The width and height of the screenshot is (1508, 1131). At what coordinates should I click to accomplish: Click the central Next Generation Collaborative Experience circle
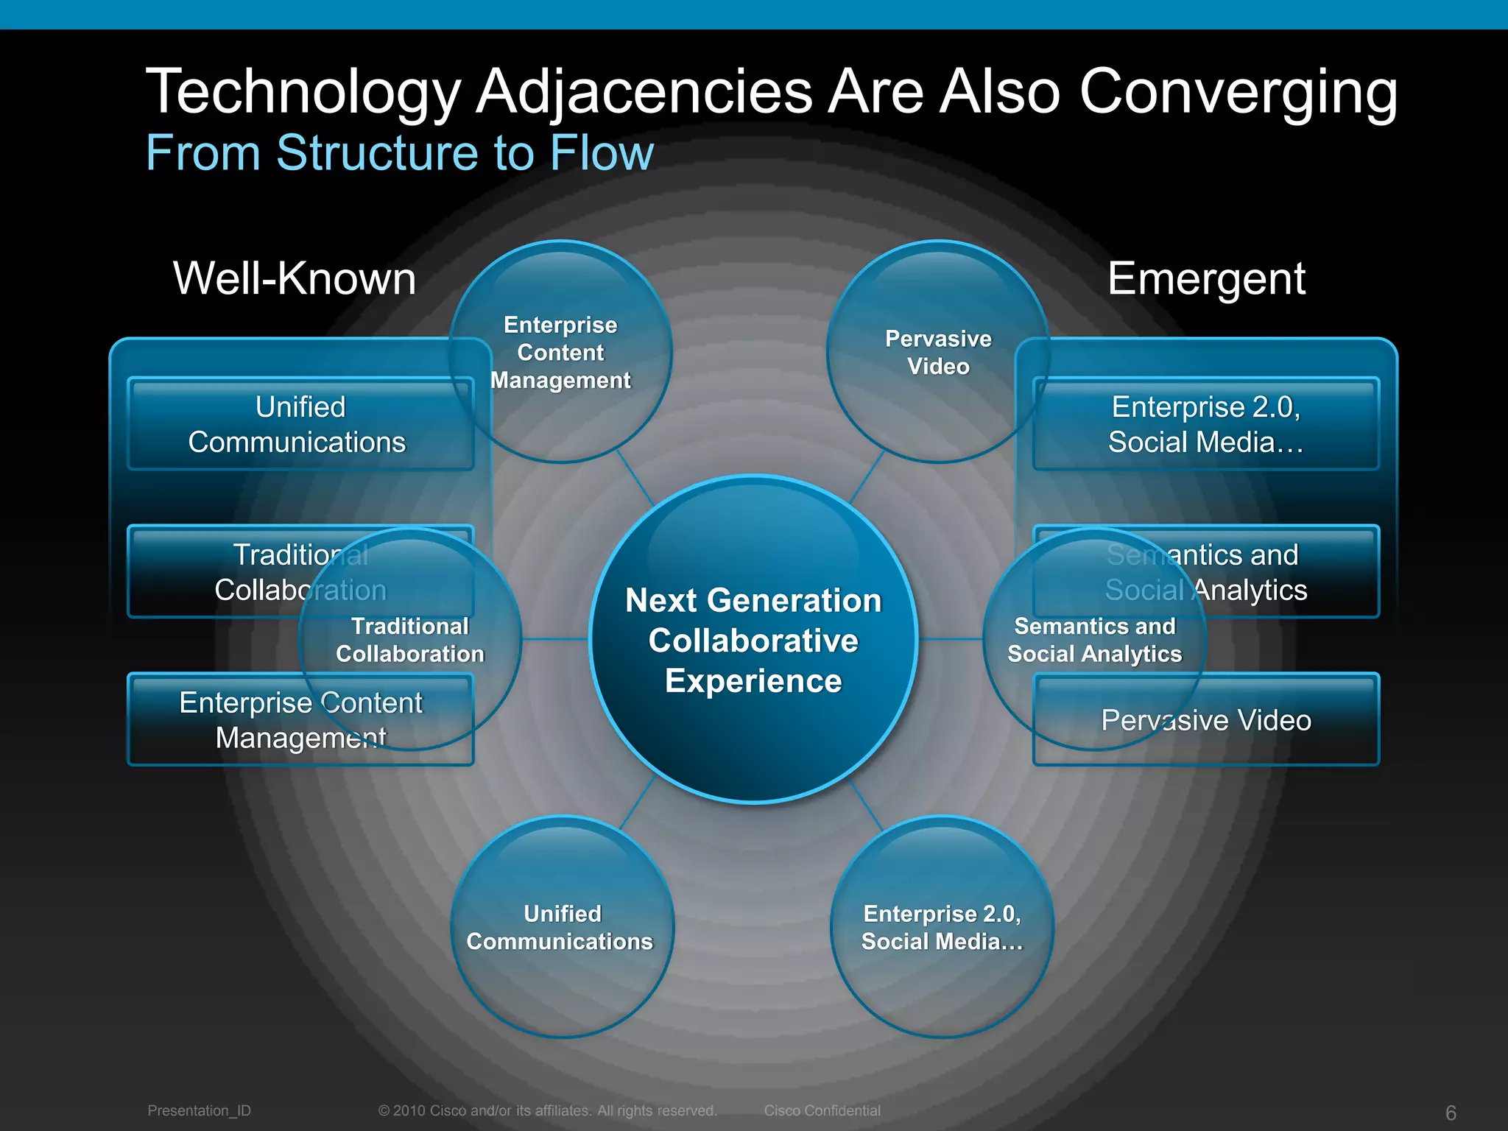(x=753, y=639)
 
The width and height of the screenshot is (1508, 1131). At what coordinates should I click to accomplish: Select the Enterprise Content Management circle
(x=560, y=352)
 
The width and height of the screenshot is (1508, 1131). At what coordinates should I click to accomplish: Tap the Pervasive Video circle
(x=938, y=352)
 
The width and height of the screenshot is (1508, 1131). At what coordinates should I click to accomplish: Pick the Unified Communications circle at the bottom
(x=561, y=927)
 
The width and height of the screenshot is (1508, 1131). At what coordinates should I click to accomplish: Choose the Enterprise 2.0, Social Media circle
(x=942, y=927)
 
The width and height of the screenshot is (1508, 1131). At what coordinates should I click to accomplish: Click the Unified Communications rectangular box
(x=300, y=424)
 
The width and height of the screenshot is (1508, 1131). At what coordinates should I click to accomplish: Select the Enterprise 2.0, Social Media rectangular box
(x=1205, y=424)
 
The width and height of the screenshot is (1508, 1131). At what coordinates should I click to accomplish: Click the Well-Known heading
(x=295, y=278)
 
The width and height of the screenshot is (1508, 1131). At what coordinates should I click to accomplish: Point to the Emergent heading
(x=1206, y=278)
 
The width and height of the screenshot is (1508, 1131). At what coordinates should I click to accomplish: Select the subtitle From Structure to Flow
(x=400, y=153)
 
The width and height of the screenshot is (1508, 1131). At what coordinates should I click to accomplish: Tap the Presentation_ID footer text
(x=199, y=1110)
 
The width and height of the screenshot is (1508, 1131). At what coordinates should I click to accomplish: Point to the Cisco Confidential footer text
(x=822, y=1110)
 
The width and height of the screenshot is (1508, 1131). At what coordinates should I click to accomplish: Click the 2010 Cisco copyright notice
(x=547, y=1110)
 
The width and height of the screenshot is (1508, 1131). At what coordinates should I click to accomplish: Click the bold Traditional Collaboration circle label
(x=410, y=640)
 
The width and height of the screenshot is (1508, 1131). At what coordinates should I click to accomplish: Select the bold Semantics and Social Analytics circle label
(x=1094, y=640)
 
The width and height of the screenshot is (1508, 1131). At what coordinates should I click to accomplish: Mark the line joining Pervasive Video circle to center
(x=867, y=477)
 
